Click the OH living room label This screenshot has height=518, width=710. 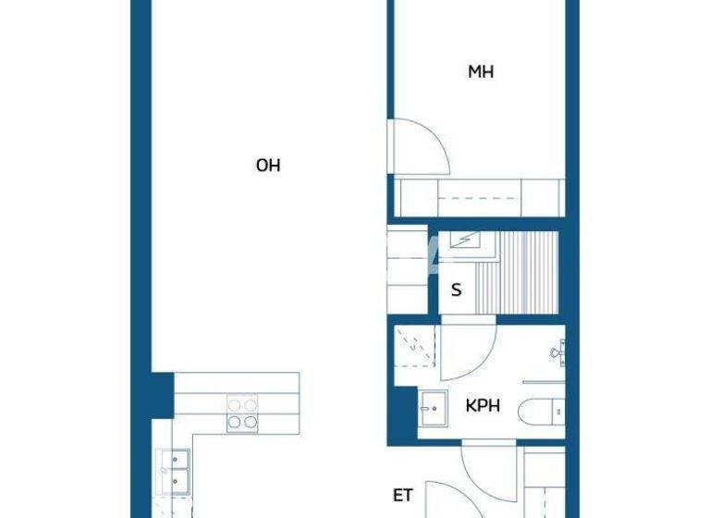coord(268,166)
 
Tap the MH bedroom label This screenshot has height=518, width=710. coord(480,71)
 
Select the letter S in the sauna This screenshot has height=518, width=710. coord(456,290)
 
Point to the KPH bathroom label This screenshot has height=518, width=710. coord(484,405)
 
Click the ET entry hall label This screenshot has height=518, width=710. coord(402,496)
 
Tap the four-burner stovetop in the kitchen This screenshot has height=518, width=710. coord(242,413)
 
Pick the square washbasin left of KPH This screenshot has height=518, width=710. coord(432,408)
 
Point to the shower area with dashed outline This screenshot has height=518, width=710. coord(414,347)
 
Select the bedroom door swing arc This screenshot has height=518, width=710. coord(422,146)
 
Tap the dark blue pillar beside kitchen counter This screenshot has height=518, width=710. coord(161,392)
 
